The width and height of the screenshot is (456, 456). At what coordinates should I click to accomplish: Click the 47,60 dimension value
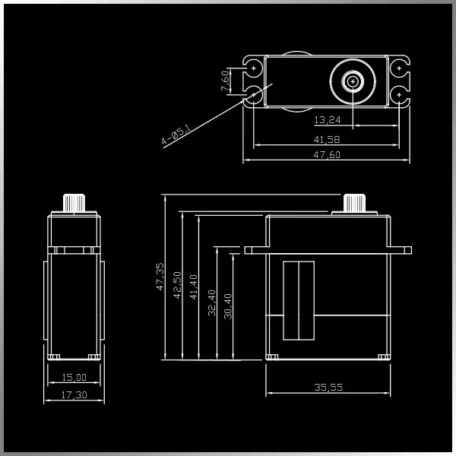[x=327, y=155]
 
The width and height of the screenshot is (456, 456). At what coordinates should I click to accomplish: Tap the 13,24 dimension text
[x=327, y=120]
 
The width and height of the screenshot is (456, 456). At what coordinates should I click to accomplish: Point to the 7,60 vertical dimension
[x=226, y=81]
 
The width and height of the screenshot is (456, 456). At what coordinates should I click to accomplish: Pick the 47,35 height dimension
[x=160, y=277]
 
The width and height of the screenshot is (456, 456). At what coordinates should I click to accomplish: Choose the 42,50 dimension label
[x=177, y=285]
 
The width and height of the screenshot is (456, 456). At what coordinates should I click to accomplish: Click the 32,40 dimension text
[x=212, y=302]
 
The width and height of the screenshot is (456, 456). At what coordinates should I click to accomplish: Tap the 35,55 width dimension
[x=328, y=388]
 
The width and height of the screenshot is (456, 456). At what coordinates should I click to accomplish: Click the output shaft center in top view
[x=353, y=81]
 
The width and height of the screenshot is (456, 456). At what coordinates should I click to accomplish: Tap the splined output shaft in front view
[x=353, y=204]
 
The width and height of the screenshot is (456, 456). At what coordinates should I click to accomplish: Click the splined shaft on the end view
[x=74, y=203]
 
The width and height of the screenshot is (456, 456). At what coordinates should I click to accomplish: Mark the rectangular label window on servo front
[x=298, y=300]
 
